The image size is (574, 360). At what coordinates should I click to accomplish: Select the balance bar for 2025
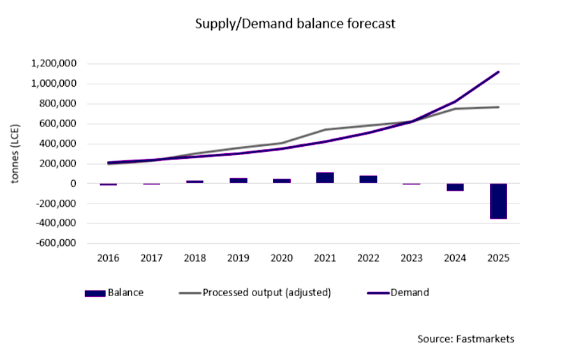[x=498, y=201]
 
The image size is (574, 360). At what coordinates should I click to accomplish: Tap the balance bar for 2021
[x=325, y=178]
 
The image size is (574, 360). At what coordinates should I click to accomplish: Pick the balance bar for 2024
[x=455, y=187]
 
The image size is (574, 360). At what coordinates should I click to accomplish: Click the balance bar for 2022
[x=368, y=179]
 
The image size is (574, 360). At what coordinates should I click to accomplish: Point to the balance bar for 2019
[x=238, y=181]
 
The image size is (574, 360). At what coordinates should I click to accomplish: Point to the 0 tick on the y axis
[x=74, y=184]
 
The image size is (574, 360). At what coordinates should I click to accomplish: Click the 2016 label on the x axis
[x=108, y=259]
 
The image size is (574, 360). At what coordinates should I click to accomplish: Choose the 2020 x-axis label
[x=281, y=259]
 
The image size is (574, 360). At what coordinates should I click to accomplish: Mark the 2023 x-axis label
[x=411, y=259]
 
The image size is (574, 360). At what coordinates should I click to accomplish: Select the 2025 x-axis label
[x=498, y=259]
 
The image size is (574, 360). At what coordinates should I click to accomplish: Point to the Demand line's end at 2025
[x=498, y=71]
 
